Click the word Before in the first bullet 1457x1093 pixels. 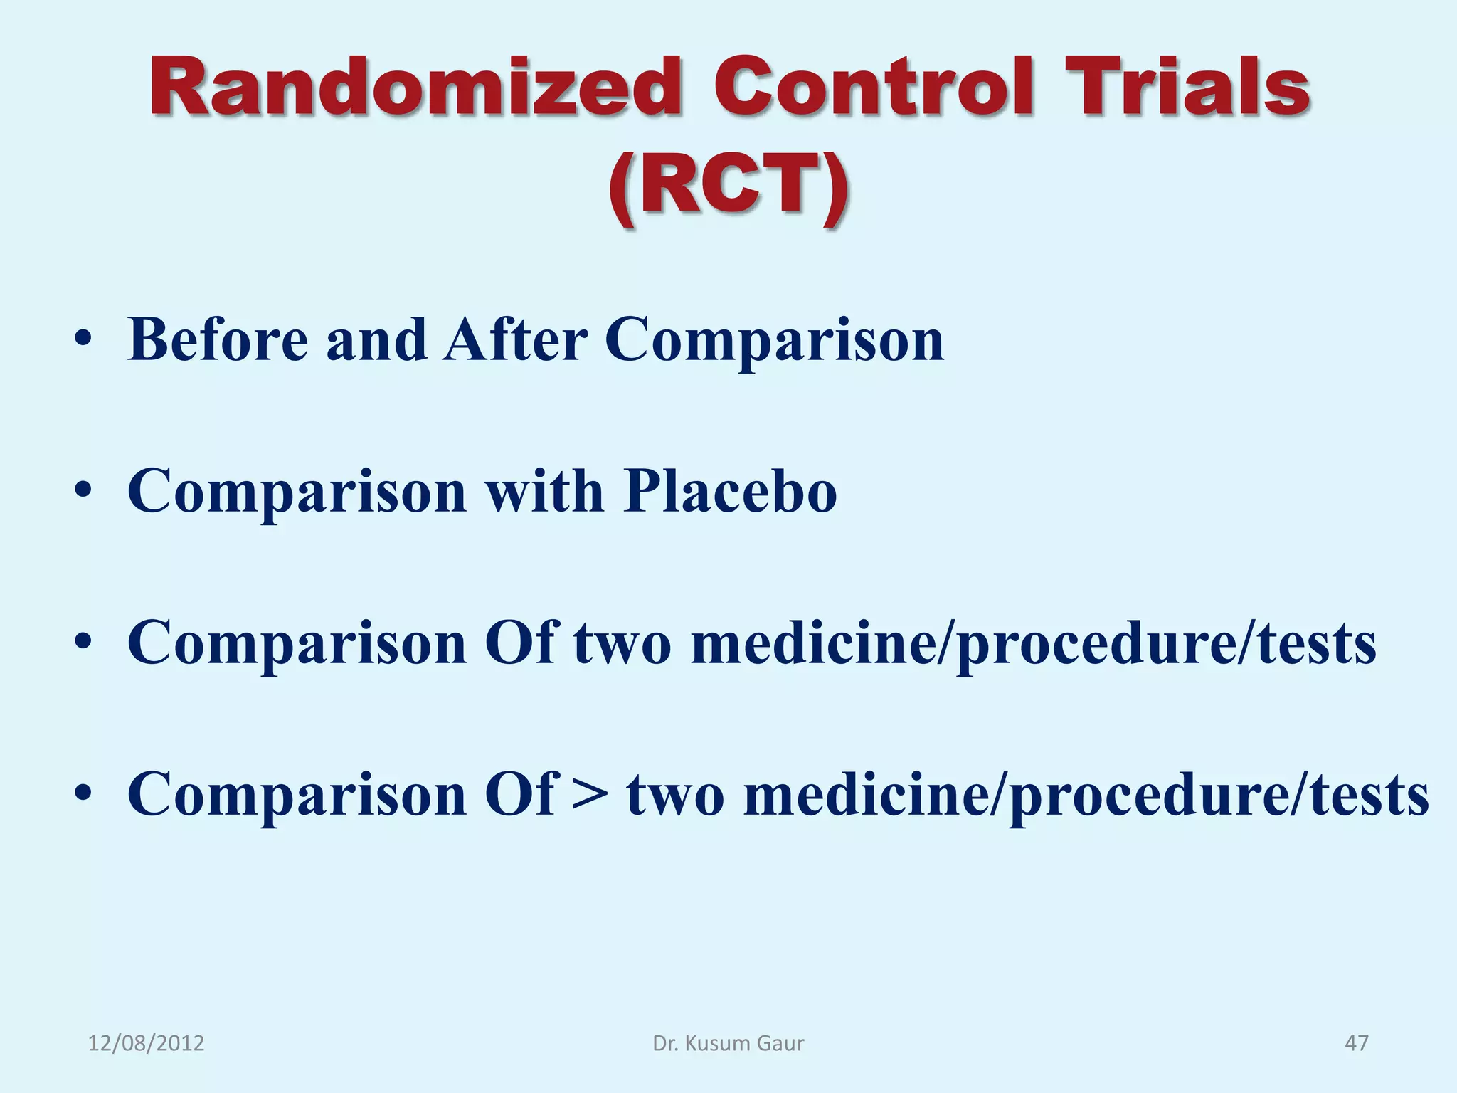pyautogui.click(x=218, y=340)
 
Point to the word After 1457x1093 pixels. pyautogui.click(x=515, y=340)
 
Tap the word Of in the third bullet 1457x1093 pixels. pyautogui.click(x=519, y=643)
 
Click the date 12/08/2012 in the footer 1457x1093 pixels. pyautogui.click(x=146, y=1043)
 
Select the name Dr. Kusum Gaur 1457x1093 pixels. pyautogui.click(x=728, y=1043)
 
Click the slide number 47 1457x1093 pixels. pyautogui.click(x=1356, y=1043)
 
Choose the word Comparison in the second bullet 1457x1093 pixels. pyautogui.click(x=297, y=492)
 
